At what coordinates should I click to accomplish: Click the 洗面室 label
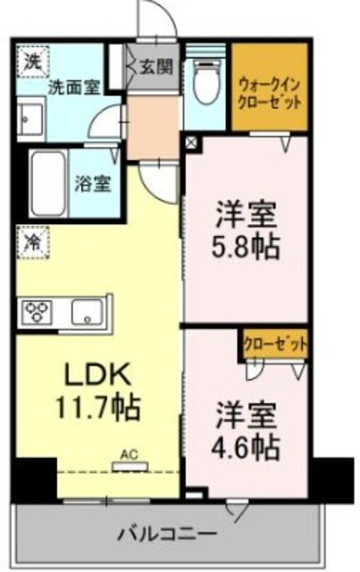click(73, 88)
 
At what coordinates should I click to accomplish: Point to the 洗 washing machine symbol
click(31, 63)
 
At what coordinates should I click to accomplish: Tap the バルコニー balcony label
click(166, 534)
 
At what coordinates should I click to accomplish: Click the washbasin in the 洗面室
click(31, 118)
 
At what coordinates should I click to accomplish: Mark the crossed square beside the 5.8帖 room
click(191, 141)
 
